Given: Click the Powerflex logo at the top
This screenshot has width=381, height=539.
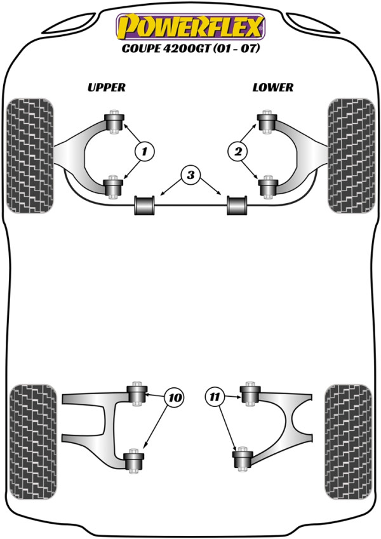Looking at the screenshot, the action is coord(191,27).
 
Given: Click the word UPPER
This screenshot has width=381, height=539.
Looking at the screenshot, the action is coord(107,88).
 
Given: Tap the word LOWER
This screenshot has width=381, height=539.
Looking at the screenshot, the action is coord(273,88).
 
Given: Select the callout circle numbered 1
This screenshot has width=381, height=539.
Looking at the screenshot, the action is coord(145,151).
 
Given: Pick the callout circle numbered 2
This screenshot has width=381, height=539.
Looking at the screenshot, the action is coord(238,151).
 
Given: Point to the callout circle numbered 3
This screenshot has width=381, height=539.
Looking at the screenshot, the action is coord(190,175).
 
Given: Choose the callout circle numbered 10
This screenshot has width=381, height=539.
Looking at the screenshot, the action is coord(175,397).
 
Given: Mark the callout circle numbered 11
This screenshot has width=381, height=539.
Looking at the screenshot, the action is coord(215,397).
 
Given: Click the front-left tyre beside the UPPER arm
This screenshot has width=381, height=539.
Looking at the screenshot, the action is coord(30,156).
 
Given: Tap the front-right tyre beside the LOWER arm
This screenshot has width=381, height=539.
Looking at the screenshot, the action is coord(351,156).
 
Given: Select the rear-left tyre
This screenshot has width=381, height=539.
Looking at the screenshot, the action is coord(33,441).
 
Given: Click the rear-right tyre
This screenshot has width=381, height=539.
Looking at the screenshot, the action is coord(349,441).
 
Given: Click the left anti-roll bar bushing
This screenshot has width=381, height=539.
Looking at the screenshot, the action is coord(144,205).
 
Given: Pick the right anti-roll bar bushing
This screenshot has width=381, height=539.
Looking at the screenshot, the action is coord(237,205).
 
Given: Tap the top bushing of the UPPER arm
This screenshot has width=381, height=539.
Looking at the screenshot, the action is coord(114,122).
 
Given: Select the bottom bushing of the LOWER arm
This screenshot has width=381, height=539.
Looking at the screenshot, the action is coord(268,187).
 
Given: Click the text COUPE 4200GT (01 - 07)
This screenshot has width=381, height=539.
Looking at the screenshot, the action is coord(190,48).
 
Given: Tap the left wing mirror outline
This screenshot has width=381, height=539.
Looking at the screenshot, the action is coord(69,23).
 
